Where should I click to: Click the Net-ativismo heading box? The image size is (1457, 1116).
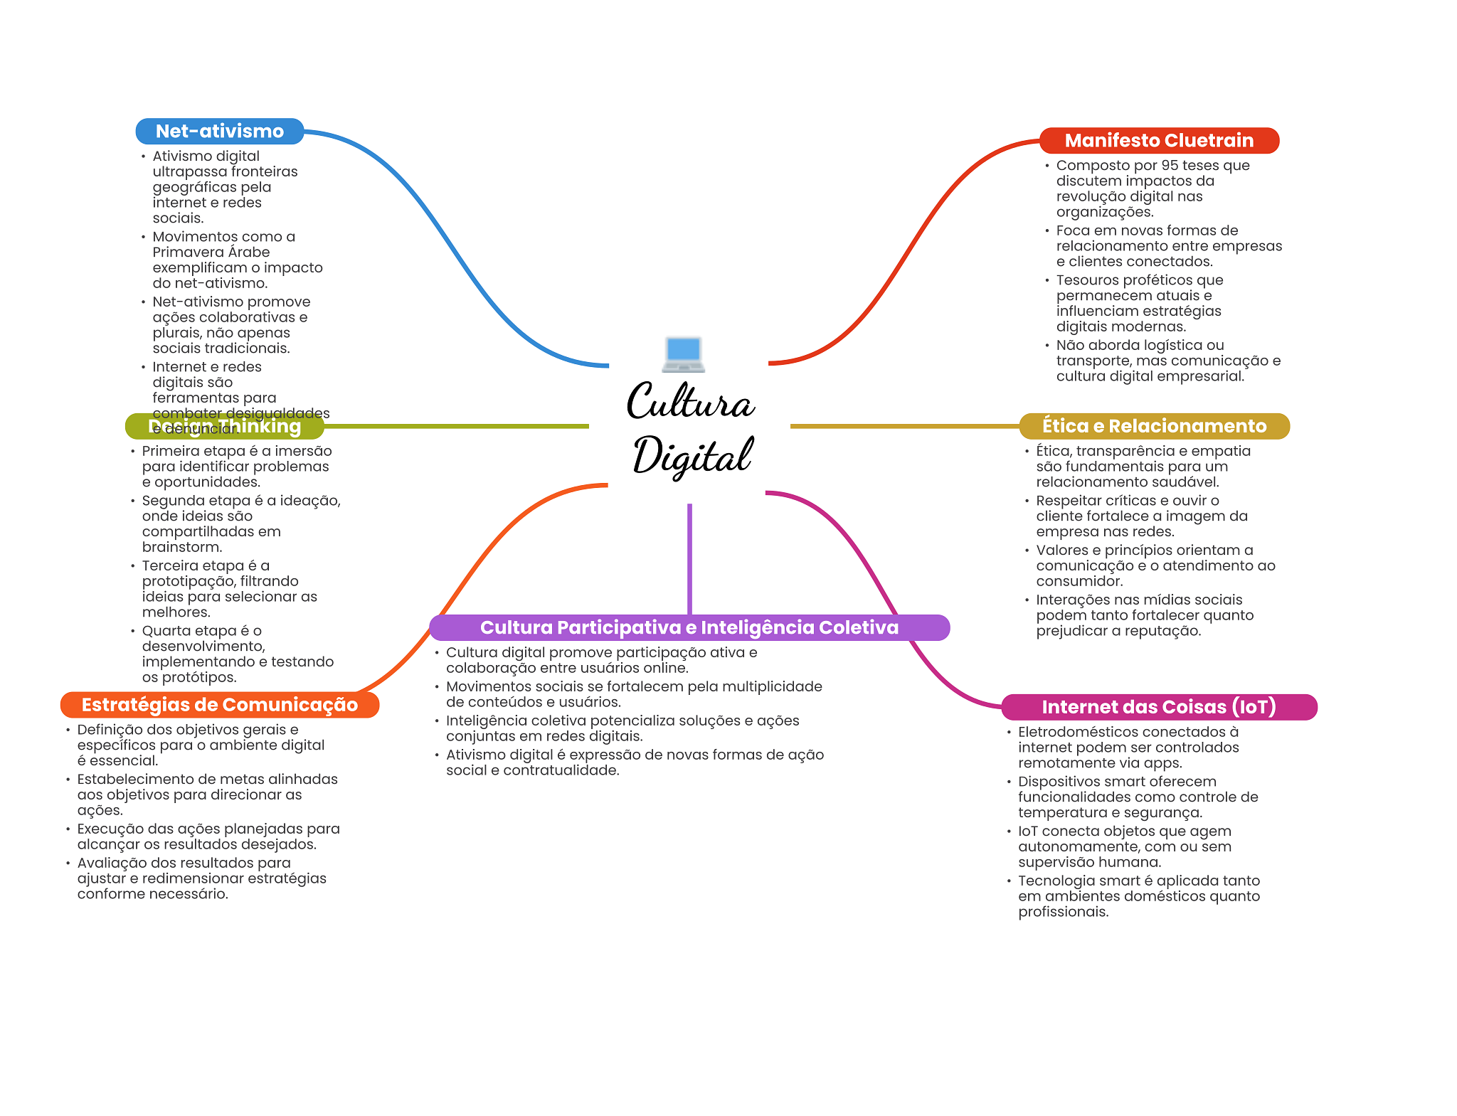click(x=219, y=132)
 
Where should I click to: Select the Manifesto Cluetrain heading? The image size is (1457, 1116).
click(x=1158, y=141)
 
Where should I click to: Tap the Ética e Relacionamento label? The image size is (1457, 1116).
click(x=1154, y=426)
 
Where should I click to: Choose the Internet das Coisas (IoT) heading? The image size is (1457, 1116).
click(x=1158, y=707)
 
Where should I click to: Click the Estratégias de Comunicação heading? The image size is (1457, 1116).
click(x=219, y=705)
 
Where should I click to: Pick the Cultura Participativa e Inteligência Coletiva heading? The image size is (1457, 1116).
click(x=689, y=627)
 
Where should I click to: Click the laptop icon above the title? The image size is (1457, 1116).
click(x=683, y=354)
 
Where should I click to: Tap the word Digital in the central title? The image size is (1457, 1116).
click(x=692, y=456)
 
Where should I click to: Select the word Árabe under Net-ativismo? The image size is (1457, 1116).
click(x=249, y=253)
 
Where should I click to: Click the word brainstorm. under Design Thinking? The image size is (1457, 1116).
click(x=182, y=548)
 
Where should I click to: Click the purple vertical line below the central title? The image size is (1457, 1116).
click(x=689, y=558)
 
